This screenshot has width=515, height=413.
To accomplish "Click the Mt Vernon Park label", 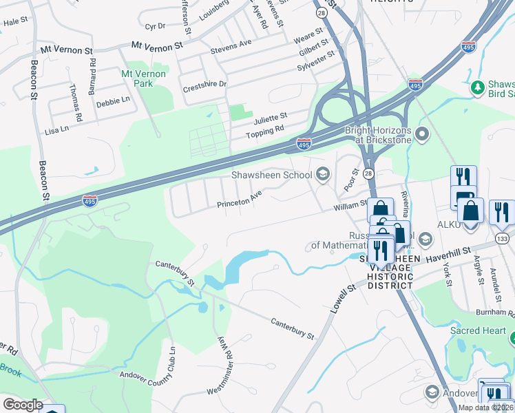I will [x=143, y=78].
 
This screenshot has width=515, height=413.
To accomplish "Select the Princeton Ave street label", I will [x=239, y=200].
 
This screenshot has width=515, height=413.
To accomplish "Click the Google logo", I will [x=22, y=405].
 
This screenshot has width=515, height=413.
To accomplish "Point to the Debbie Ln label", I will [x=113, y=100].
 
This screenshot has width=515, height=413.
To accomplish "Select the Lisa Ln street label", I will [x=56, y=129].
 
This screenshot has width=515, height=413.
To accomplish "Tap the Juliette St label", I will [x=269, y=115].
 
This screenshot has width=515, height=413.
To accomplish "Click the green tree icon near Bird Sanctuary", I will [x=476, y=87].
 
